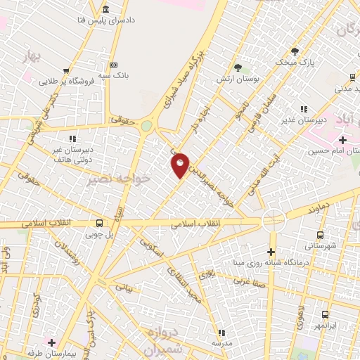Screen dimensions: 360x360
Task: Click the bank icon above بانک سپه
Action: coord(106,8)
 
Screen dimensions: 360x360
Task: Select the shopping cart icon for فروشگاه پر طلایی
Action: coord(65,71)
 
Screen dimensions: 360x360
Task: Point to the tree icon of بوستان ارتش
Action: coord(238,68)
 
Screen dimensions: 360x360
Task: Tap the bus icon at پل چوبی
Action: coord(98,220)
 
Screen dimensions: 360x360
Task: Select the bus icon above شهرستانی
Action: coord(321,236)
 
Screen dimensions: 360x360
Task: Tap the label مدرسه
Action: coord(222,342)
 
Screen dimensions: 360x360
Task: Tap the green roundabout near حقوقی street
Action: coord(146,127)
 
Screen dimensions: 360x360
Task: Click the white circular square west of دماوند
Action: coord(271,221)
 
